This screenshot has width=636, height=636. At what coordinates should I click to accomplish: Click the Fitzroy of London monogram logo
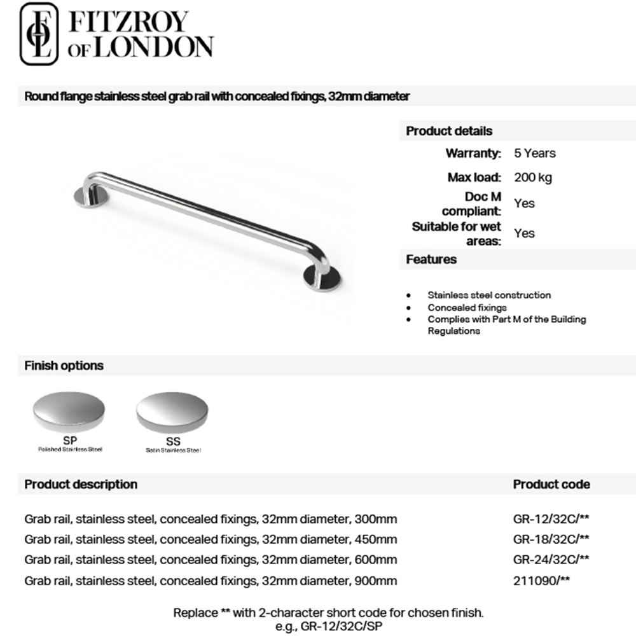pyautogui.click(x=39, y=34)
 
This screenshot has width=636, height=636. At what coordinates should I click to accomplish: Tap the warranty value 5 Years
pyautogui.click(x=534, y=153)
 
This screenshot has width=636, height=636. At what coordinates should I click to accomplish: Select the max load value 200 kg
pyautogui.click(x=532, y=177)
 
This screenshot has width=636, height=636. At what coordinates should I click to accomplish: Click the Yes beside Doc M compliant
pyautogui.click(x=524, y=204)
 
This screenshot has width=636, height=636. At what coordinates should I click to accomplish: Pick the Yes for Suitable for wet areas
pyautogui.click(x=524, y=233)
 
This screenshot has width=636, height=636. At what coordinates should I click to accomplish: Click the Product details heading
pyautogui.click(x=449, y=131)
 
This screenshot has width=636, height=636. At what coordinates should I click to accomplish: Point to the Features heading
pyautogui.click(x=431, y=259)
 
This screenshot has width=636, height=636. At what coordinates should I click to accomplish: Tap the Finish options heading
pyautogui.click(x=64, y=366)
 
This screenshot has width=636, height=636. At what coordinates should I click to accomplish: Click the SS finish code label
pyautogui.click(x=172, y=441)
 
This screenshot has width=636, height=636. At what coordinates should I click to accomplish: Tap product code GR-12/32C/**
pyautogui.click(x=551, y=519)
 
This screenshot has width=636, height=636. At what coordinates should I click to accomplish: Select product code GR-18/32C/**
pyautogui.click(x=551, y=539)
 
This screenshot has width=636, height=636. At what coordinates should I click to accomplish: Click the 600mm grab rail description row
pyautogui.click(x=211, y=560)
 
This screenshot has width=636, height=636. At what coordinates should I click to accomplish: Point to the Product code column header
pyautogui.click(x=551, y=484)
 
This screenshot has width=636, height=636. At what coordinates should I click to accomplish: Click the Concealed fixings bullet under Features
pyautogui.click(x=467, y=307)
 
